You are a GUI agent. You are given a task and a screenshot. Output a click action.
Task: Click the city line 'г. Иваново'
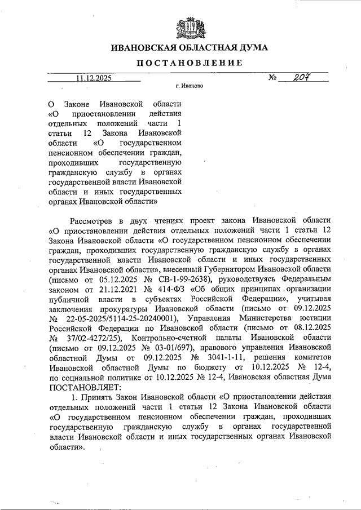[x=190, y=87]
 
